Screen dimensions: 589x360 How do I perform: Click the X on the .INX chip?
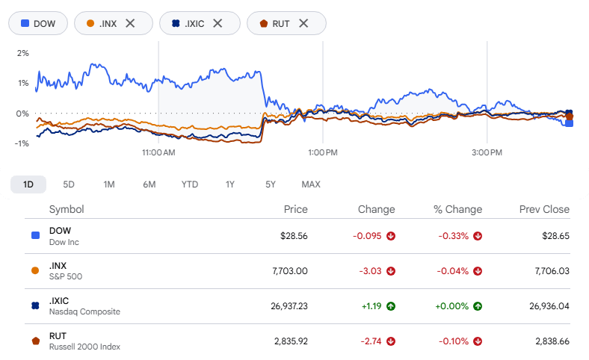tap(130, 23)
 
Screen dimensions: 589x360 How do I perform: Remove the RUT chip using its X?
tap(303, 23)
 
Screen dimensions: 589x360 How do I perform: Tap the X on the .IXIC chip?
tap(218, 23)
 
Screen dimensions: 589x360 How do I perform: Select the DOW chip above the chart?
tap(38, 23)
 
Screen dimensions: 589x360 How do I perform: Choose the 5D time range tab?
tap(69, 184)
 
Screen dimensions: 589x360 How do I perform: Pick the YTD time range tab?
tap(190, 184)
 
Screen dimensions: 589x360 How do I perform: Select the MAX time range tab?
tap(311, 184)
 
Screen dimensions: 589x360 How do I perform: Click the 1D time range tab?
tap(28, 184)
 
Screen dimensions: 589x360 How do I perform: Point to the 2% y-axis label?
tap(23, 53)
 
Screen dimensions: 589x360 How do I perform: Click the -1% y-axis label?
tap(22, 143)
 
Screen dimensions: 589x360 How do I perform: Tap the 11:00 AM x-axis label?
tap(158, 152)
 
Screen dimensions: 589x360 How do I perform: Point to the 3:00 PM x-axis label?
tap(487, 152)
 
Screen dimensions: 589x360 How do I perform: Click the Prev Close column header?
tap(544, 209)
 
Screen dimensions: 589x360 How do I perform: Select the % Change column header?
tap(458, 209)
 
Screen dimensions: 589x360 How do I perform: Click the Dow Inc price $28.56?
tap(294, 236)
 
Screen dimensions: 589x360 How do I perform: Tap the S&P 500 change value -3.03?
tap(370, 271)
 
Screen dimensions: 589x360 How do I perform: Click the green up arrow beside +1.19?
tap(391, 306)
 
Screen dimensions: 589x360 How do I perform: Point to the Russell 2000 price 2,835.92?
tap(291, 341)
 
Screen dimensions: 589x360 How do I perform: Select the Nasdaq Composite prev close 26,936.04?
tap(549, 306)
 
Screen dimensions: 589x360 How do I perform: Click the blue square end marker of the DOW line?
tap(569, 123)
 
